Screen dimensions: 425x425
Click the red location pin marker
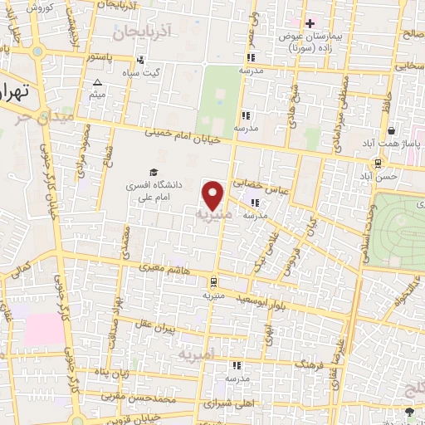tap(213, 195)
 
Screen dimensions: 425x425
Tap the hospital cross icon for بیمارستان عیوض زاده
tap(310, 23)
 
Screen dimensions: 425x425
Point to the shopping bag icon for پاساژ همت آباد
tap(390, 131)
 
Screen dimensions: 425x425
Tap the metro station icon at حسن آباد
tap(378, 163)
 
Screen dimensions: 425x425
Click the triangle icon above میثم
tap(98, 82)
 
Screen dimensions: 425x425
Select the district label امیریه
tap(197, 353)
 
